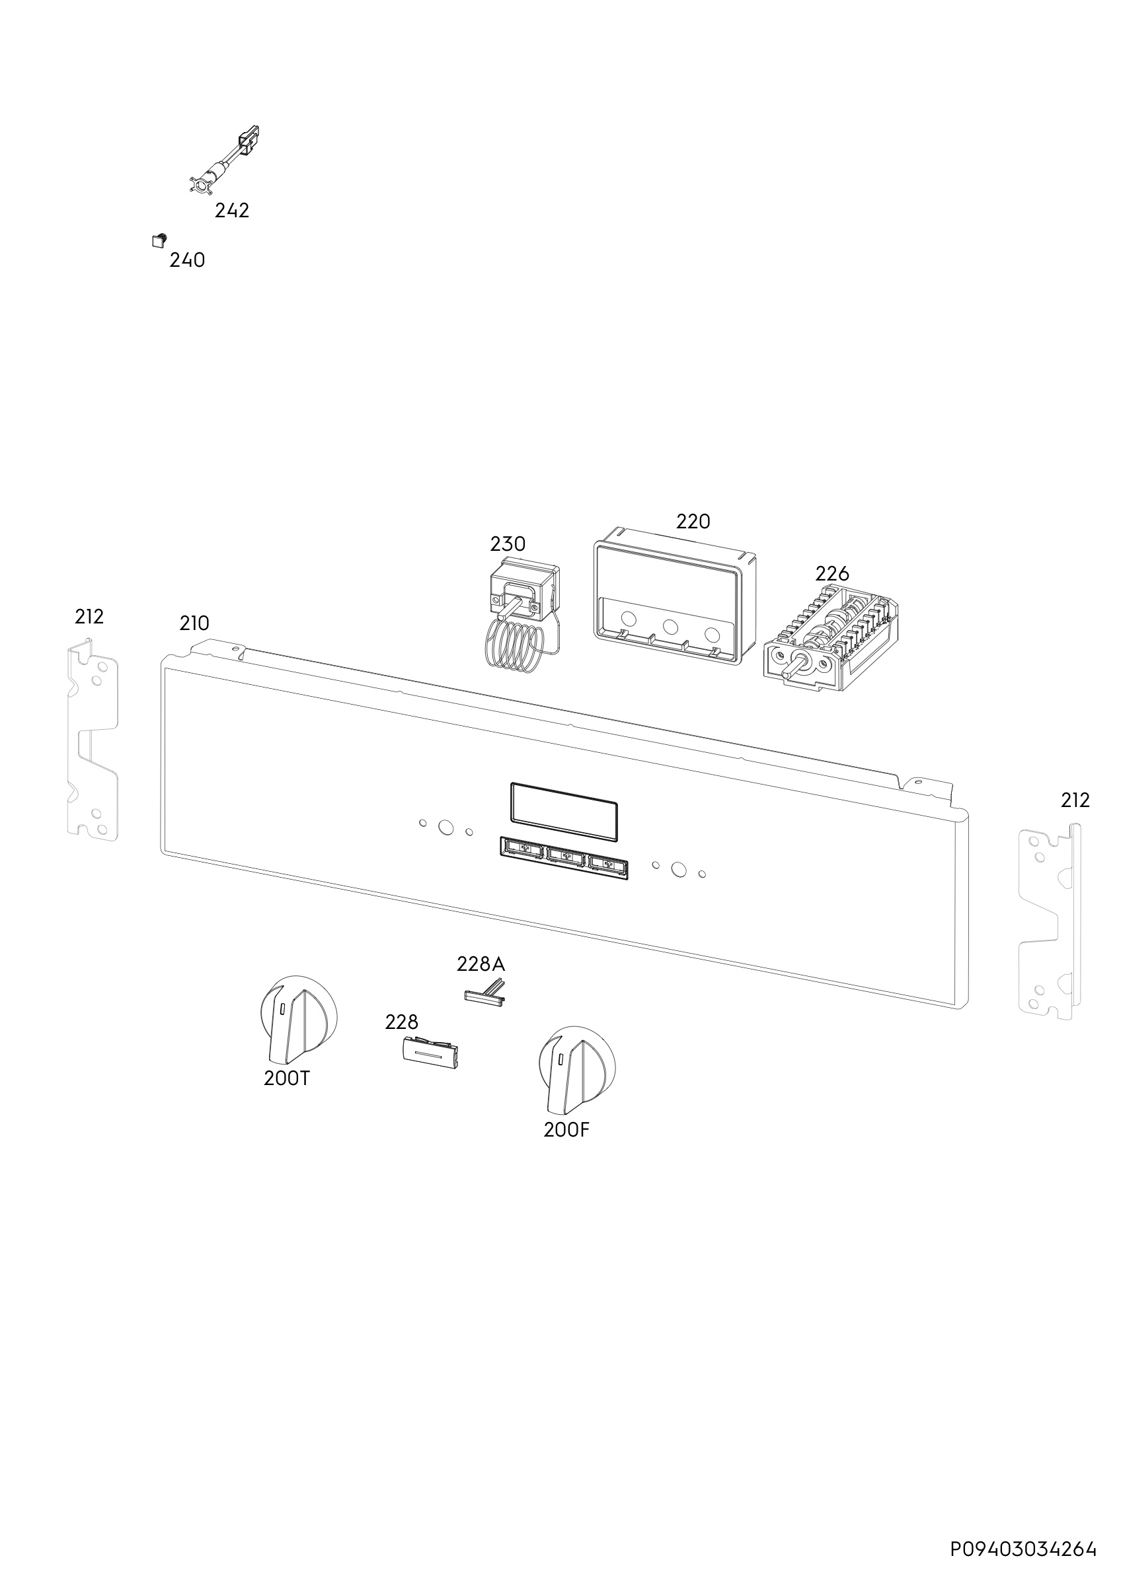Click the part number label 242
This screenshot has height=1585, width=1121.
[231, 211]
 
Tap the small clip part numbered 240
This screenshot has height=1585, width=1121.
[159, 240]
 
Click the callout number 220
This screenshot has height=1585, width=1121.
[693, 521]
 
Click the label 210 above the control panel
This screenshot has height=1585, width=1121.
[194, 623]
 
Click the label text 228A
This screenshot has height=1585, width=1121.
[481, 964]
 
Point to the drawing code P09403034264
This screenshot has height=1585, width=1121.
[1023, 1550]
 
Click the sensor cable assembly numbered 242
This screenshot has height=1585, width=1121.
[225, 160]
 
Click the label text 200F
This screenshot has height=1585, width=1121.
[566, 1131]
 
